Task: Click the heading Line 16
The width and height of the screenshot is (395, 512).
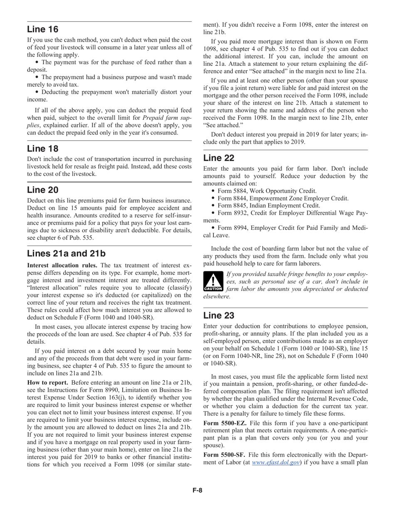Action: pyautogui.click(x=43, y=29)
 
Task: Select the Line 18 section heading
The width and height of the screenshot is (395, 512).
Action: pyautogui.click(x=43, y=149)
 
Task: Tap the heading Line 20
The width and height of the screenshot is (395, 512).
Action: pyautogui.click(x=43, y=190)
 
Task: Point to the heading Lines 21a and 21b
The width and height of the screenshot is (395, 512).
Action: pyautogui.click(x=66, y=254)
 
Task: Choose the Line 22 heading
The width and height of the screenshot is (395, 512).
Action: pyautogui.click(x=219, y=158)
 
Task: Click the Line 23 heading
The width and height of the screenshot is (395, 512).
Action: pyautogui.click(x=219, y=316)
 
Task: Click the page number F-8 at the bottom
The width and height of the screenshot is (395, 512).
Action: pyautogui.click(x=197, y=490)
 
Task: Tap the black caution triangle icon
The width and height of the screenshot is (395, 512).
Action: pyautogui.click(x=213, y=282)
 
